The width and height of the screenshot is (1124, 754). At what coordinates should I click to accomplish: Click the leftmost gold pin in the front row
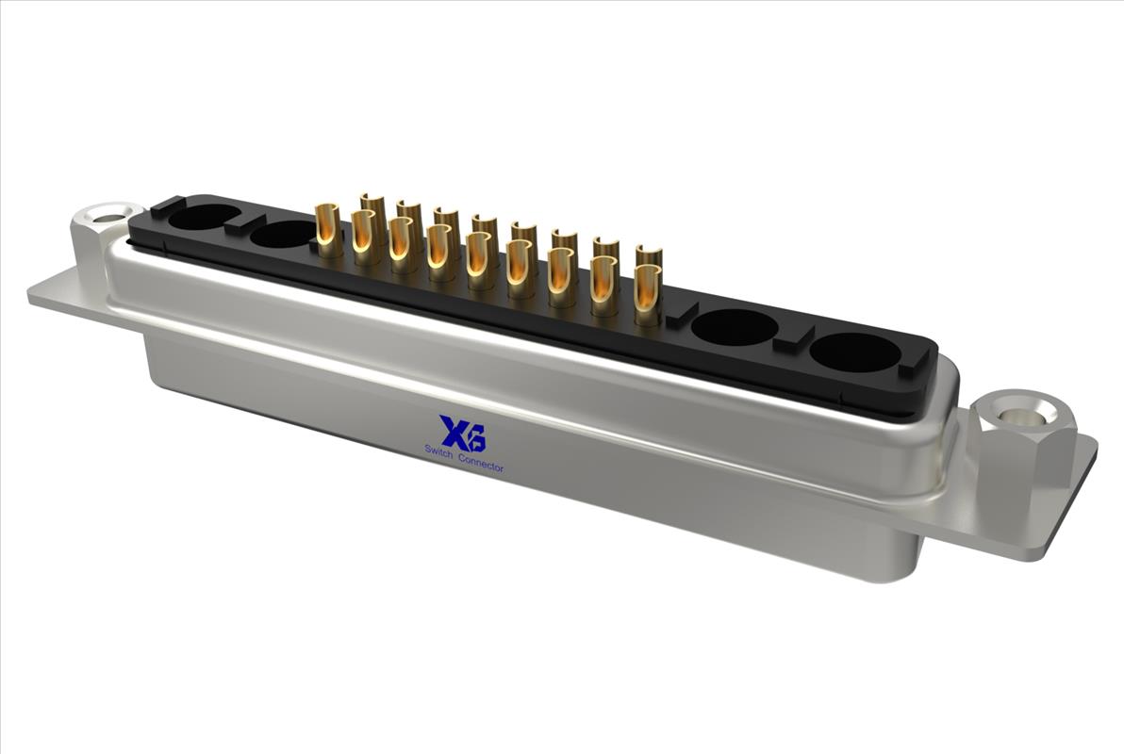pos(327,230)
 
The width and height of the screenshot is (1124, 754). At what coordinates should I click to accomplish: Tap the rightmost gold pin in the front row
pos(647,295)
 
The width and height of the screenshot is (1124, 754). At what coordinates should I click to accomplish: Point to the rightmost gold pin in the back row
pos(650,254)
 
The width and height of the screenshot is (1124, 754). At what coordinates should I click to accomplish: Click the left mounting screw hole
pos(107,214)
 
